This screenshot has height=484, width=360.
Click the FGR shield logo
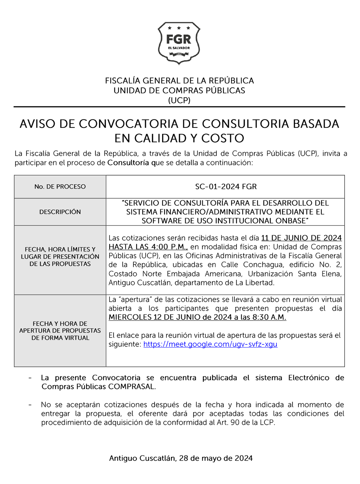coord(179,43)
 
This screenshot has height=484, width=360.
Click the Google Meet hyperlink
coord(210,344)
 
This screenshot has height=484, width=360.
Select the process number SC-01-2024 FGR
coord(226,186)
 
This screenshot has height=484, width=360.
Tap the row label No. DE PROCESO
coord(60,186)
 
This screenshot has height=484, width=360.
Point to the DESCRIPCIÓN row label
coord(60,212)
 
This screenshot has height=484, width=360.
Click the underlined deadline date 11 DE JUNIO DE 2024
coord(301,238)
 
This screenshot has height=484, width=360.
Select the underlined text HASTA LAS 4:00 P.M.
coord(148,247)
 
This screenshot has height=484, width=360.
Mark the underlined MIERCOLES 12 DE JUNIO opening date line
coord(197,317)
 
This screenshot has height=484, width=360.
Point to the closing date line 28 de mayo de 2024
coord(181,458)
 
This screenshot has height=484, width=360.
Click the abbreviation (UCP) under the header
coord(179,100)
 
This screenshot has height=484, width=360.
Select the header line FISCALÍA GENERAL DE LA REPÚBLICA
coord(179,81)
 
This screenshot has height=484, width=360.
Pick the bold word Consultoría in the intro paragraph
coord(128,163)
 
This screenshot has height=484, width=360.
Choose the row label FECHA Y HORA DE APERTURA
coord(60,330)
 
